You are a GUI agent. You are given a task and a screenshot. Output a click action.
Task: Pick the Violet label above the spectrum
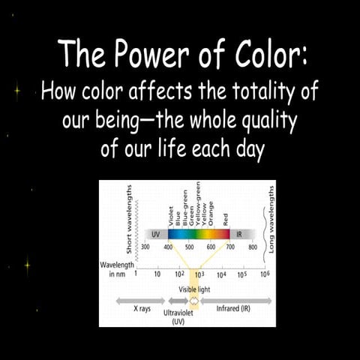coord(170,217)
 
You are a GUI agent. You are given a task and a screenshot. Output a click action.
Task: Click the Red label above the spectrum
coord(225,220)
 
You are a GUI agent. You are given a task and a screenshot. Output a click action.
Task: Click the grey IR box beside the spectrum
coord(241,234)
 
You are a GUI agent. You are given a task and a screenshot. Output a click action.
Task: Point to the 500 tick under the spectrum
coord(189,247)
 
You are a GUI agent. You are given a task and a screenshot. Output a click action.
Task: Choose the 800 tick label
coord(253,247)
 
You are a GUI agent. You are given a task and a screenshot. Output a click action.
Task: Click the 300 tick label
coord(146,247)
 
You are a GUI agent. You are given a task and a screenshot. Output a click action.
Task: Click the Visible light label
coord(194,289)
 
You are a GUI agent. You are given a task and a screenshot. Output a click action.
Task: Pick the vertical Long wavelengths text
coord(271,218)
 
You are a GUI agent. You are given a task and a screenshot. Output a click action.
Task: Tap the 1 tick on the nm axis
coord(136,275)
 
